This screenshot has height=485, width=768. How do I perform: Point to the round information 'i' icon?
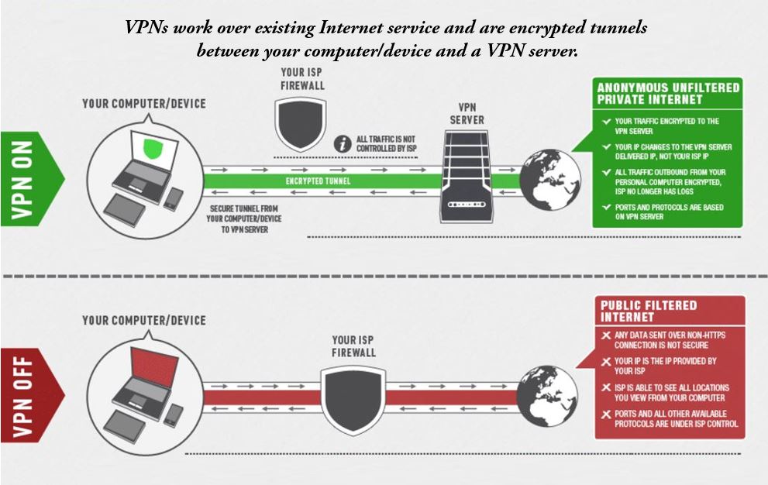[x=340, y=143]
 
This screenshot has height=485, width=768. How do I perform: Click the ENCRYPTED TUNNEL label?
[x=318, y=181]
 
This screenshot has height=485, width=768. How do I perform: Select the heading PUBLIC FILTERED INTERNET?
[x=649, y=311]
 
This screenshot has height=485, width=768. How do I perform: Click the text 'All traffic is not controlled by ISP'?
[x=386, y=143]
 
